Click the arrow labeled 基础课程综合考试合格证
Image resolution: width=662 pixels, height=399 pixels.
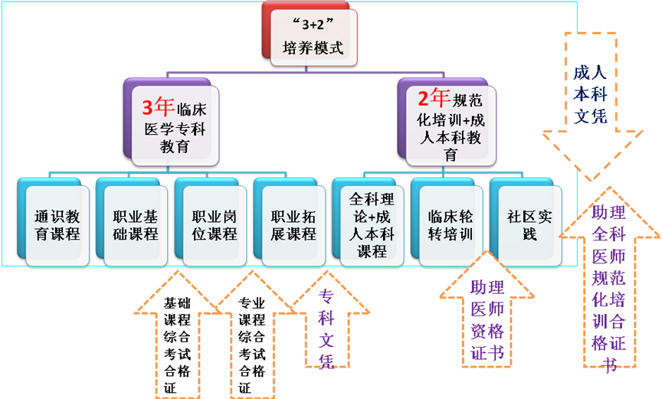(x=174, y=341)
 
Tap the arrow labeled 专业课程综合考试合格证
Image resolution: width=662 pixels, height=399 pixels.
(x=252, y=341)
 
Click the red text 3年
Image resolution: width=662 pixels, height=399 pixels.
(x=154, y=102)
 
